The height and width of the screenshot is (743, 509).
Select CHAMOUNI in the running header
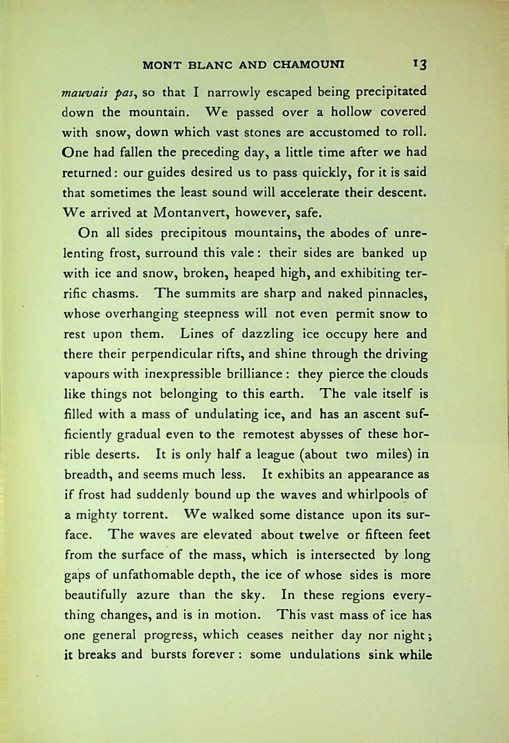pos(309,65)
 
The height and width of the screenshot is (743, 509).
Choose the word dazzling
pos(267,334)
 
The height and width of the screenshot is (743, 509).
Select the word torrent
pos(146,514)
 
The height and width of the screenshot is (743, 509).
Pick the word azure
pos(148,595)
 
